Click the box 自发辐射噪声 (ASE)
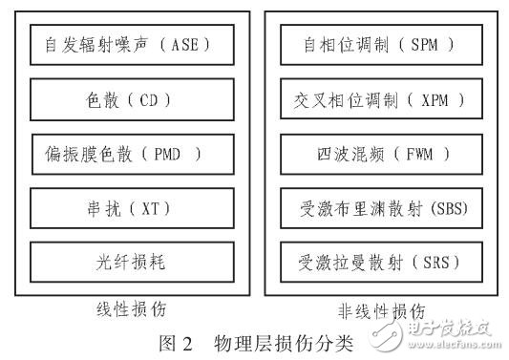point(127,44)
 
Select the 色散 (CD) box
point(127,98)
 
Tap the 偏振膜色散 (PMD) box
point(127,153)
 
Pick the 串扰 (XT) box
point(127,207)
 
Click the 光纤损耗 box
point(127,261)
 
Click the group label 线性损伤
point(127,311)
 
